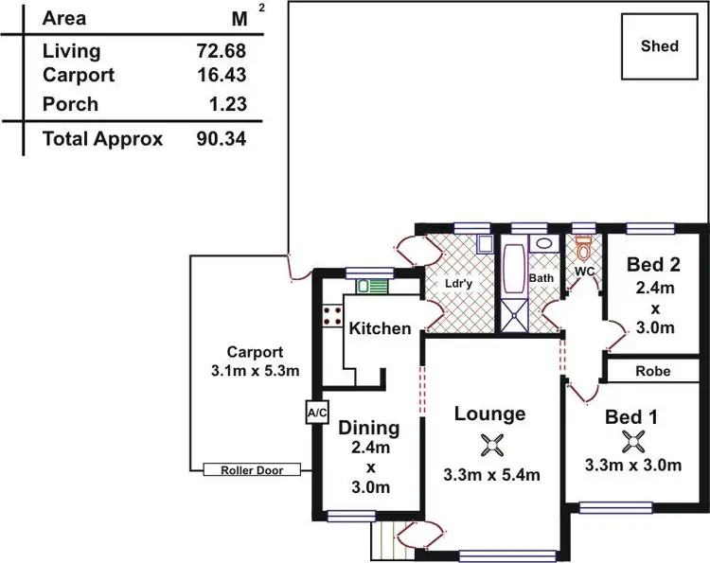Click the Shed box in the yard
[x=660, y=46]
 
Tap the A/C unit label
[x=315, y=413]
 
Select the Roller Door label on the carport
[x=251, y=469]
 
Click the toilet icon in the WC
[x=583, y=250]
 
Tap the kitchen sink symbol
[x=371, y=285]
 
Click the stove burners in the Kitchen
[x=331, y=315]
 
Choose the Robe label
[x=653, y=371]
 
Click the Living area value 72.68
[x=221, y=52]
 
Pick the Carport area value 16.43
[x=221, y=76]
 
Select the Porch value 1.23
[x=226, y=105]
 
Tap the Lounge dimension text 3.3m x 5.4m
[x=491, y=475]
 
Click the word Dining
[x=369, y=428]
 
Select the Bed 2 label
[x=654, y=265]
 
